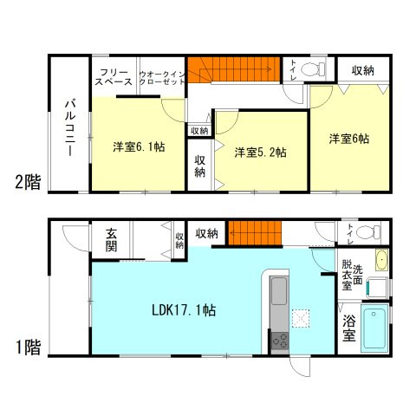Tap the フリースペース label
tap(114, 76)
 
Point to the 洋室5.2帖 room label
tap(261, 153)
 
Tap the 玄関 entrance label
tap(114, 239)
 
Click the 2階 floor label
tap(26, 182)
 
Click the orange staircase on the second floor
tap(236, 69)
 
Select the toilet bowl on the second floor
tap(316, 67)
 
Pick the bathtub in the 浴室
tap(374, 328)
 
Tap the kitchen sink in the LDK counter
tap(280, 291)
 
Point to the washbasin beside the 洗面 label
tap(382, 257)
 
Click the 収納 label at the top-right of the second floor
tap(362, 69)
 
